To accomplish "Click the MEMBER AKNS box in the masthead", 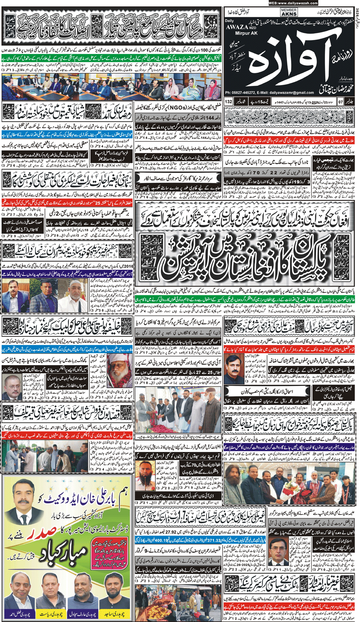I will pyautogui.click(x=289, y=12).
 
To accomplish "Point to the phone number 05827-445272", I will pyautogui.click(x=246, y=92).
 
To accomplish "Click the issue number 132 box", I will pyautogui.click(x=228, y=101).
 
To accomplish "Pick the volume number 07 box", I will pyautogui.click(x=340, y=101).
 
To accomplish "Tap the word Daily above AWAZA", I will pyautogui.click(x=230, y=21).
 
